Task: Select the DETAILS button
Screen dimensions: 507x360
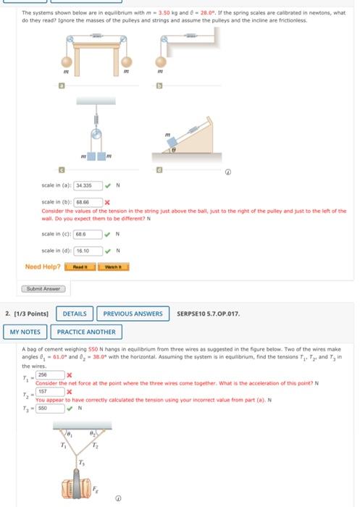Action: coord(75,314)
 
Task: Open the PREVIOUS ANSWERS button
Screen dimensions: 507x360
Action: coord(133,314)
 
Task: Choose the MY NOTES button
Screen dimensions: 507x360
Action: coord(25,332)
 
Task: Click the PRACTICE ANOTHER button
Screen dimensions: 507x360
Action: coord(86,332)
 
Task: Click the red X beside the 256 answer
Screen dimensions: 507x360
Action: coord(70,374)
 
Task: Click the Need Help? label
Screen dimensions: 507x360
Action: coord(43,267)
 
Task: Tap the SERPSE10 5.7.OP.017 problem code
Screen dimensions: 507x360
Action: coord(209,314)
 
